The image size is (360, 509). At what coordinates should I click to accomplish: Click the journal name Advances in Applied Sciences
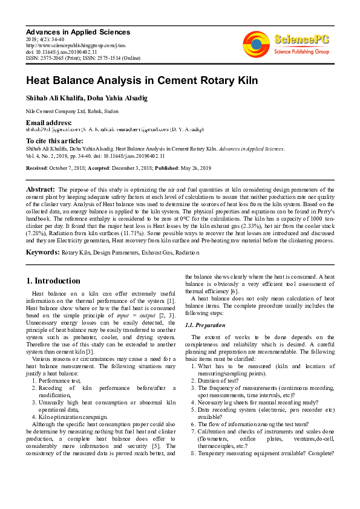click(77, 31)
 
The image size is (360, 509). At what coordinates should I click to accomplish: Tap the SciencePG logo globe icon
click(257, 45)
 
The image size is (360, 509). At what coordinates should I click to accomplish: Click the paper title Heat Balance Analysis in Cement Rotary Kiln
click(133, 80)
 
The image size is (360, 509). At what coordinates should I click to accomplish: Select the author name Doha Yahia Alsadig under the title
click(121, 99)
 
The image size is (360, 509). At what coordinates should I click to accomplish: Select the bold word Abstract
click(41, 190)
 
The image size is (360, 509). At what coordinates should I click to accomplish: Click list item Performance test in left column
click(59, 381)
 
